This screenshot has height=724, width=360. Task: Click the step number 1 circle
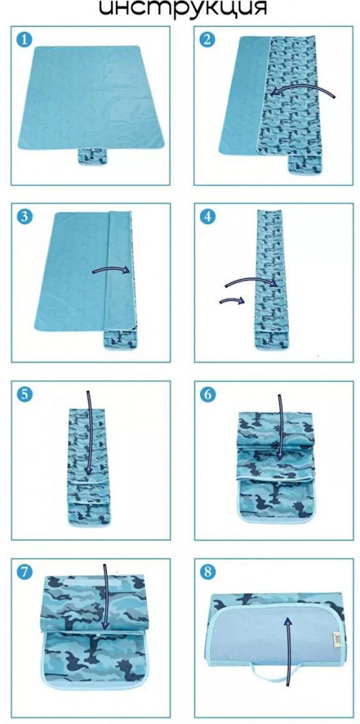[24, 39]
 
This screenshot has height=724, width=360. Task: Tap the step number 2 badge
[207, 39]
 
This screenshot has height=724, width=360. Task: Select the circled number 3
[24, 216]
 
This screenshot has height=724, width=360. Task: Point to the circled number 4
[207, 216]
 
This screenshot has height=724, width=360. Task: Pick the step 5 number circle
[24, 395]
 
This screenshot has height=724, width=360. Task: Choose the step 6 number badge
[207, 395]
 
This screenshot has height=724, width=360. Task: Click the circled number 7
[24, 573]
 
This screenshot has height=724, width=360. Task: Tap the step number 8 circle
[207, 573]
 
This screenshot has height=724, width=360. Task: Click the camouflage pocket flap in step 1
[92, 156]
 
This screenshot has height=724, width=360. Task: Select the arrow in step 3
[111, 269]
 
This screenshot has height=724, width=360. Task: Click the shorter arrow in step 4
[232, 301]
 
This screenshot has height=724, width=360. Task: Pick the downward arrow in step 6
[280, 427]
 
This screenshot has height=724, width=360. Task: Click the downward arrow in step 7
[106, 596]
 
